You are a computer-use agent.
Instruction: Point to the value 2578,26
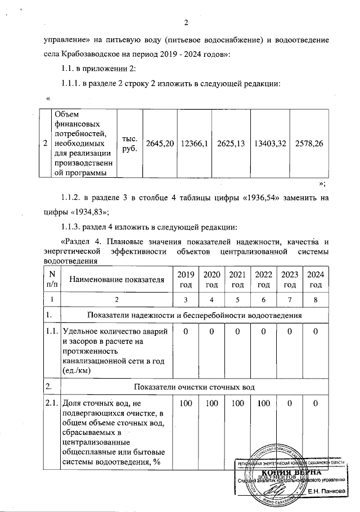click(x=308, y=143)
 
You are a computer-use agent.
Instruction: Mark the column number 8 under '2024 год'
click(x=316, y=299)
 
